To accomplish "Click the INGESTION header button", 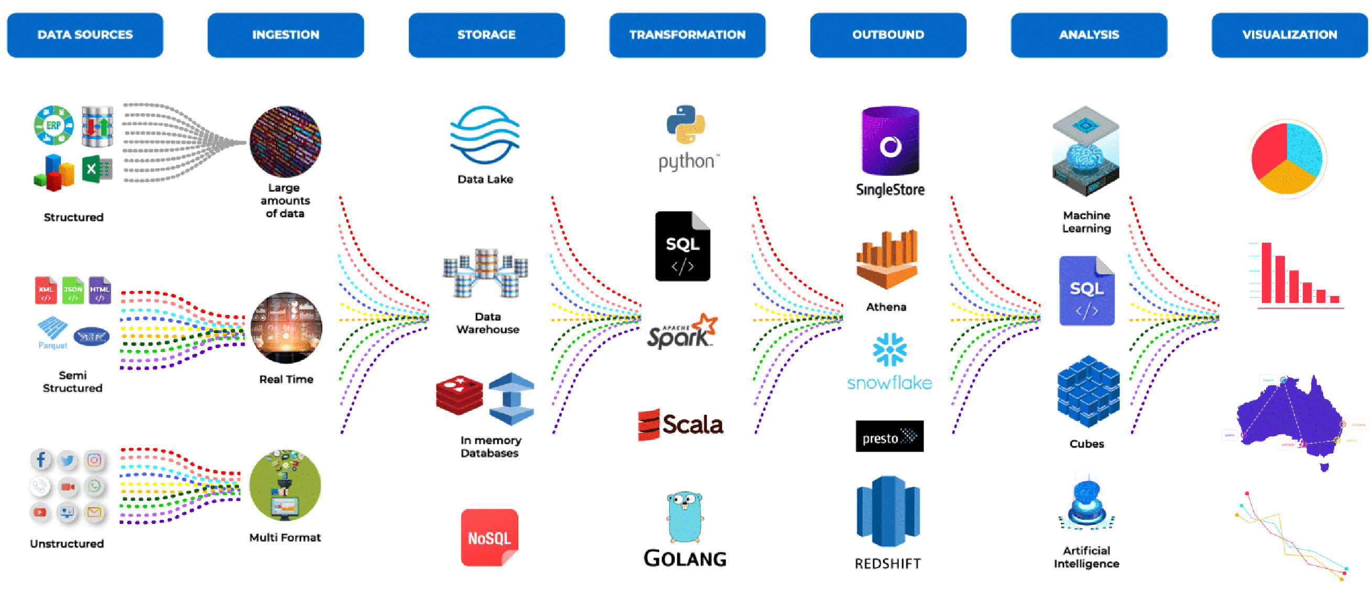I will click(286, 35).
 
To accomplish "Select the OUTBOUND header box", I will click(888, 35).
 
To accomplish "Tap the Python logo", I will click(685, 125).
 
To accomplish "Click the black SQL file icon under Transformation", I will click(682, 247).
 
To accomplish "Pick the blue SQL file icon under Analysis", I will click(1086, 291).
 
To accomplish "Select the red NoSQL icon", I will click(489, 537).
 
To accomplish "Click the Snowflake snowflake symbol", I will click(889, 350).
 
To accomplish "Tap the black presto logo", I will click(889, 436).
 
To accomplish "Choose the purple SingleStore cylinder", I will click(890, 141).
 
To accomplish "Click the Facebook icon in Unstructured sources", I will click(41, 459).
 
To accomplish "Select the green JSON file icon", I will click(73, 290).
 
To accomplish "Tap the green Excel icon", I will click(96, 169).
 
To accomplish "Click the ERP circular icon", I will click(53, 125).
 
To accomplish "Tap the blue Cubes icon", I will click(1087, 392).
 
